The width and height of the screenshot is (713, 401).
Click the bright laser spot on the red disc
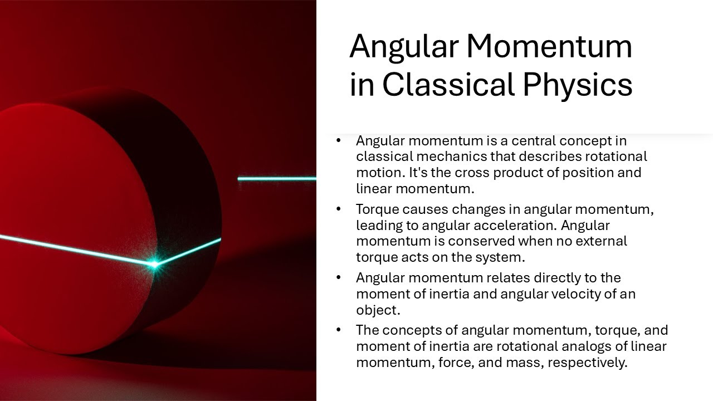tap(155, 264)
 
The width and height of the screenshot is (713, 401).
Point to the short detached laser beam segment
tap(277, 179)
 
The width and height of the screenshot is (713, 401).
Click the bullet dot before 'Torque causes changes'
tap(338, 209)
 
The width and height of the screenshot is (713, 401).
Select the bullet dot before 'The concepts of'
tap(338, 330)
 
